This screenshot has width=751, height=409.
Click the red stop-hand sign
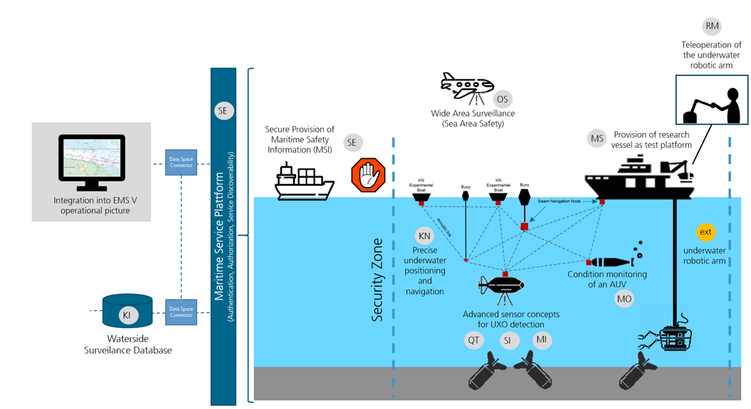(368, 175)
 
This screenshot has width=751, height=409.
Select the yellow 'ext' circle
(705, 232)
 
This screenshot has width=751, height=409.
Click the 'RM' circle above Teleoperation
(712, 26)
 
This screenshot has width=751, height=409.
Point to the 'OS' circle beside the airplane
(502, 100)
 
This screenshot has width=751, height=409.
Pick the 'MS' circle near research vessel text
(597, 139)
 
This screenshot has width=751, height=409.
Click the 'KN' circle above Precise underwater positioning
(424, 235)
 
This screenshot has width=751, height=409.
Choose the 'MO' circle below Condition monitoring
(624, 299)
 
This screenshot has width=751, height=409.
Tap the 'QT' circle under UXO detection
(474, 341)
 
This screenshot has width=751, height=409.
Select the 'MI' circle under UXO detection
(542, 341)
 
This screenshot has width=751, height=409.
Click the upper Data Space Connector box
(181, 162)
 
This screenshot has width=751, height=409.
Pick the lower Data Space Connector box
(181, 311)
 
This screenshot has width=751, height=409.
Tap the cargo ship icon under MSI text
(304, 181)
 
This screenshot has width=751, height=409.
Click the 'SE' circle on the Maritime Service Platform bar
(224, 110)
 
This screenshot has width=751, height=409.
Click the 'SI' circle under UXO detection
(508, 341)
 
